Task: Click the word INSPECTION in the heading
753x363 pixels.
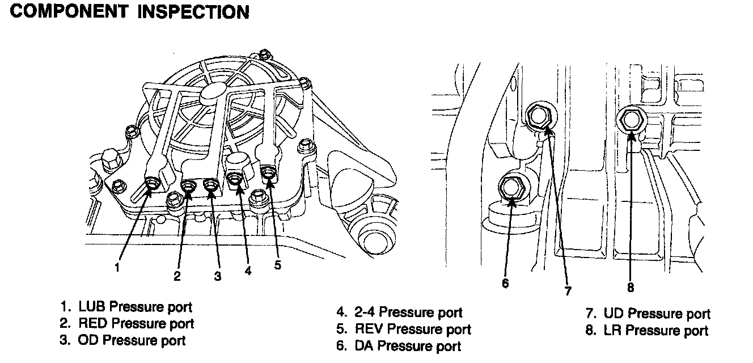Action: pos(193,12)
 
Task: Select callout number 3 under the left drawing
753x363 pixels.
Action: pos(217,276)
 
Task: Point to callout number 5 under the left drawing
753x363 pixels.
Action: pos(277,264)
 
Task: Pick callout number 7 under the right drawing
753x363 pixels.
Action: pos(568,291)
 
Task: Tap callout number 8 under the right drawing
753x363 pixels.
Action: pos(630,287)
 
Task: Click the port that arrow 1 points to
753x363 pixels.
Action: pos(152,183)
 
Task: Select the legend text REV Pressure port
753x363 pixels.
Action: pos(412,329)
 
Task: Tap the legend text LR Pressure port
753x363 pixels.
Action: pos(655,330)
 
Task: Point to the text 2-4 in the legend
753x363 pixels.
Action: pos(367,312)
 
